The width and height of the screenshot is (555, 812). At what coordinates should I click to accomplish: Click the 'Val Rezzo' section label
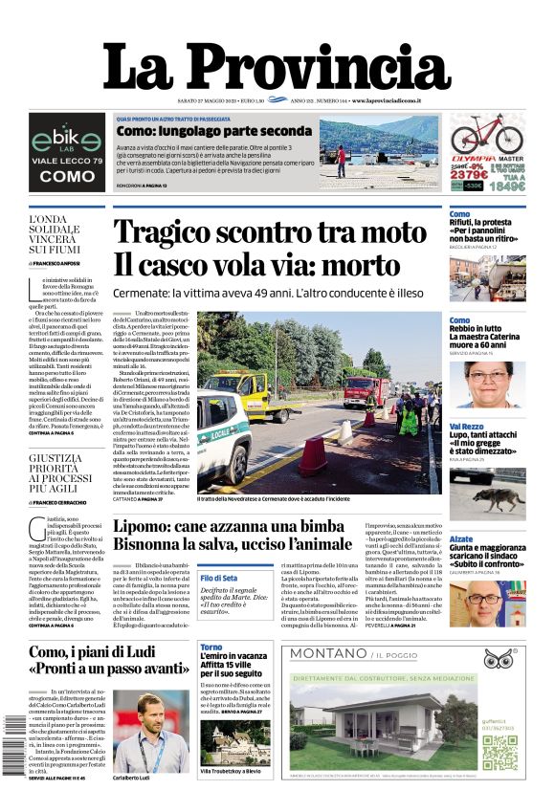tap(466, 427)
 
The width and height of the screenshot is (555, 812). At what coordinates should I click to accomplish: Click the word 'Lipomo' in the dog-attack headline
tap(144, 527)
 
